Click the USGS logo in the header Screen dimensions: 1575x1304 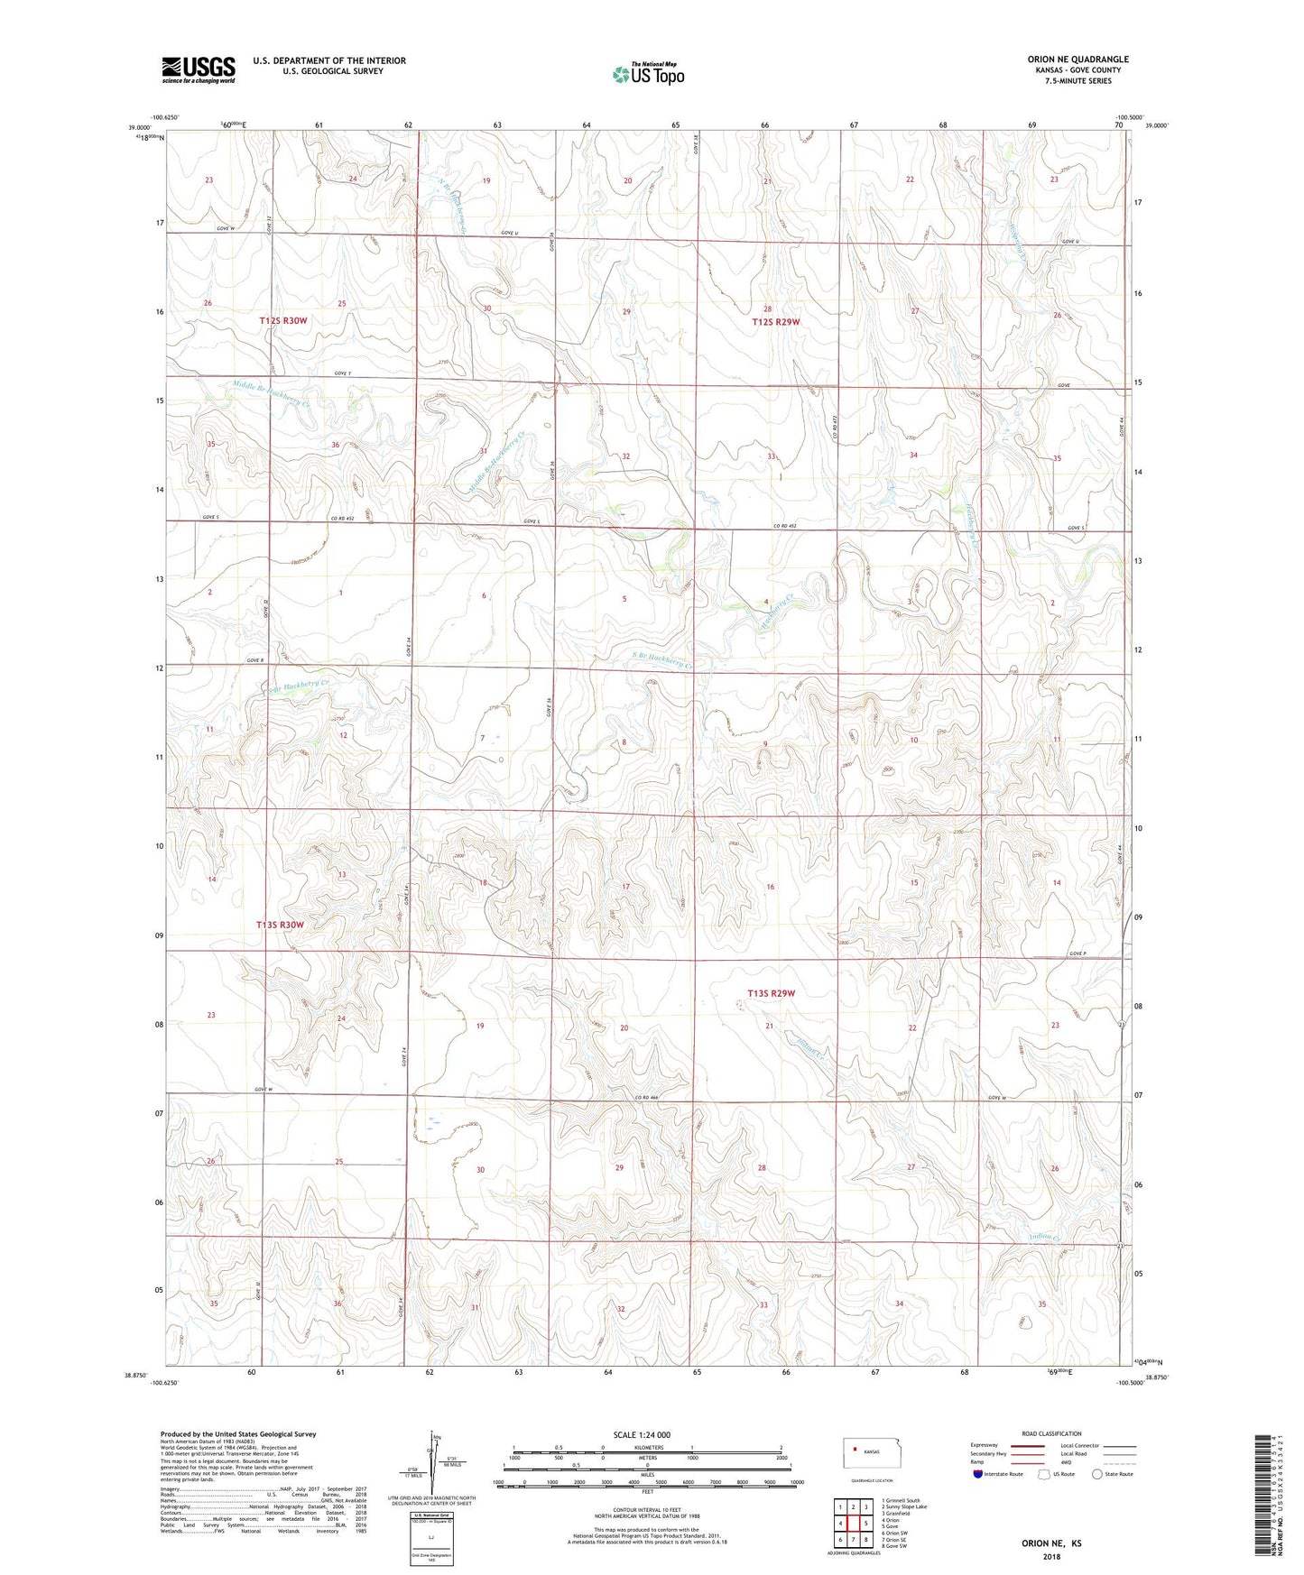(199, 69)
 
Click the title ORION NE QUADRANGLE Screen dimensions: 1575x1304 (1077, 60)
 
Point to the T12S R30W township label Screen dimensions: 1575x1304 (290, 320)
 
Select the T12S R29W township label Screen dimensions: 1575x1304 (775, 322)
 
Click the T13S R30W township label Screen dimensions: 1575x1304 (280, 925)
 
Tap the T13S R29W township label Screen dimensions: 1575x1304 (772, 993)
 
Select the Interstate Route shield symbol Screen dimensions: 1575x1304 (978, 1474)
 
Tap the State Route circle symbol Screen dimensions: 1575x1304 (1097, 1474)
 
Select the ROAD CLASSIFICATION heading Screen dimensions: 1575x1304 (1052, 1433)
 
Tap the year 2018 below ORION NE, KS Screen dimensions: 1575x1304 (1051, 1557)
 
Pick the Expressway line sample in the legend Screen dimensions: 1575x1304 (1031, 1445)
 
